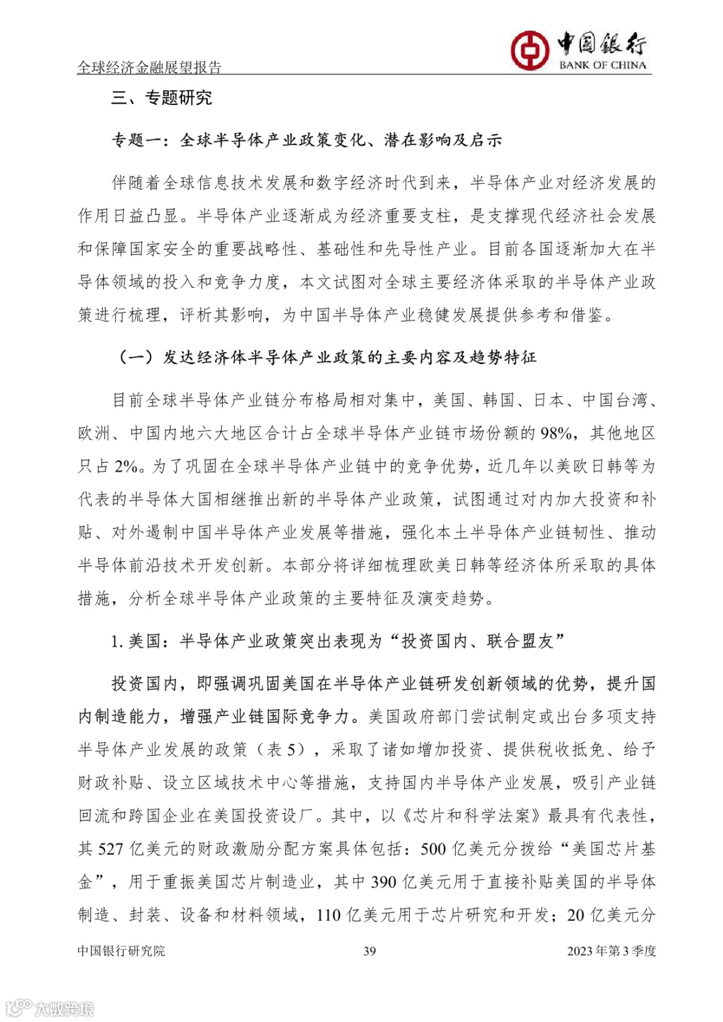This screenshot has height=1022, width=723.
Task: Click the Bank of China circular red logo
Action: (x=530, y=50)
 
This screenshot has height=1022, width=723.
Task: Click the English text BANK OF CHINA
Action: (x=602, y=65)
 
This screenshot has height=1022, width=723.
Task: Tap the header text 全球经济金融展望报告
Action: (x=149, y=67)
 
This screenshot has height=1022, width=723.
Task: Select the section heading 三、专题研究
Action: (x=161, y=98)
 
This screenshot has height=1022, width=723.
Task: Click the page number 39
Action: (x=370, y=951)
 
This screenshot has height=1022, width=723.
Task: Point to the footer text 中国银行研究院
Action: (x=121, y=951)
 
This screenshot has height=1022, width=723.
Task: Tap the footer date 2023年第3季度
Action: (x=611, y=951)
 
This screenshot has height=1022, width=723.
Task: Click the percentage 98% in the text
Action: (x=556, y=434)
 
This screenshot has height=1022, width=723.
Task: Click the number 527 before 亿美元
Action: (x=110, y=849)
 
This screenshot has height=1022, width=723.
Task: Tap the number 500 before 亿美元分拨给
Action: (x=433, y=849)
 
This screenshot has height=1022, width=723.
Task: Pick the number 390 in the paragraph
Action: (x=384, y=882)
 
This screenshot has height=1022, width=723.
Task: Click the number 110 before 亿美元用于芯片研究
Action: (x=329, y=915)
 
